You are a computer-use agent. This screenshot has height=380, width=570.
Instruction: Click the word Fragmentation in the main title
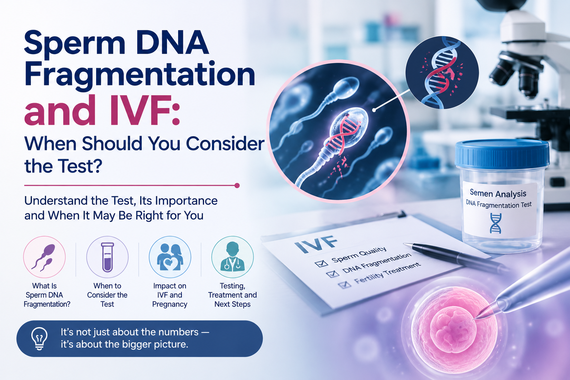coord(140,75)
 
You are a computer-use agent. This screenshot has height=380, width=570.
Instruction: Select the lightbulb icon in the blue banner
coord(39,338)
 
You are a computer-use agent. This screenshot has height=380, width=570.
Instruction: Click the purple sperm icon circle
coord(44,257)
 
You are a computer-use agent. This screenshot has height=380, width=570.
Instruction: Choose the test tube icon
coord(107,257)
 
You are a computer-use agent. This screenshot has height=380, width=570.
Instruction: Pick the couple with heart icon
coord(170,257)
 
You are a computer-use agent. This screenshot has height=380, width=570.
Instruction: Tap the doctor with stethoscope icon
coord(232,257)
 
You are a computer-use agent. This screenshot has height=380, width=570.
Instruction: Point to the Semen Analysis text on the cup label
coord(498,193)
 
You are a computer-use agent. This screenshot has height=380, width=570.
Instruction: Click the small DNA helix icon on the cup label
coord(495,223)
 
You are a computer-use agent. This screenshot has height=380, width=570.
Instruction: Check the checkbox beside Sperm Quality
coord(321,263)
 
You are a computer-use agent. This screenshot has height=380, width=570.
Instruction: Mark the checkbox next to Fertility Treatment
coord(345,284)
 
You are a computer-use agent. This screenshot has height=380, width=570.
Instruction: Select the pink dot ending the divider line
coord(237,185)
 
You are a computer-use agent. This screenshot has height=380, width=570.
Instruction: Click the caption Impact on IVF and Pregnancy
coord(170,295)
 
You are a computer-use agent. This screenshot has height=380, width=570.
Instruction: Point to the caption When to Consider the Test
coord(107,295)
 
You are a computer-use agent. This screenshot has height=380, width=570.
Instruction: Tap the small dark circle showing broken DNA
coord(442,72)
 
